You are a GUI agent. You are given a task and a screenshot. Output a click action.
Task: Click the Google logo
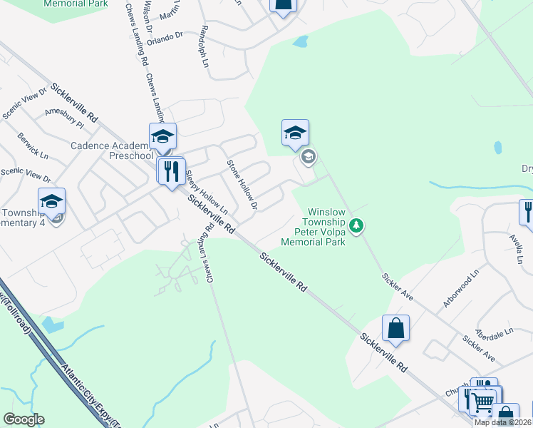coord(24,419)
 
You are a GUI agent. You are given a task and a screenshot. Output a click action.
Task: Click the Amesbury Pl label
coord(64,118)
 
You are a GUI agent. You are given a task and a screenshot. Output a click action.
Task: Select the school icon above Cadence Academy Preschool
coord(162,136)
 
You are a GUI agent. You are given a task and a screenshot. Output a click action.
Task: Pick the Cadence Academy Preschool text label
coord(111,151)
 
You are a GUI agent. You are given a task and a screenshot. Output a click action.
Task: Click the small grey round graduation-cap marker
coord(308,157)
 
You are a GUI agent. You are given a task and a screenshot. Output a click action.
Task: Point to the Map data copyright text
coord(502,422)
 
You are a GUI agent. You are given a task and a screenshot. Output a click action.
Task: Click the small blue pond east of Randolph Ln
coord(300,41)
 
